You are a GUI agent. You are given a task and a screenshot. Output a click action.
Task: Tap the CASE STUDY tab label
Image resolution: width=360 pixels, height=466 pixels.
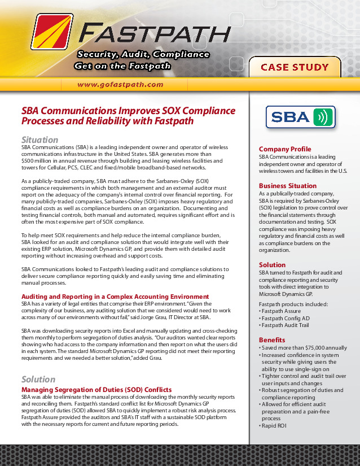pos(295,67)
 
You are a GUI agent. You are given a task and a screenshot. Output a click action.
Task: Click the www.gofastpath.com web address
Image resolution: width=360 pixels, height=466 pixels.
pos(120,85)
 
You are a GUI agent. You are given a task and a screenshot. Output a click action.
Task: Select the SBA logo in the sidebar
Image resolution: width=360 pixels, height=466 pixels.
pos(301,117)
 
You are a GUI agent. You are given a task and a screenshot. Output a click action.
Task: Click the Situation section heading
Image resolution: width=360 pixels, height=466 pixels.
pos(39,140)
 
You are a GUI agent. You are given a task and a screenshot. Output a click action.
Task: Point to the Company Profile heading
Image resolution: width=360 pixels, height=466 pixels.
pos(285,149)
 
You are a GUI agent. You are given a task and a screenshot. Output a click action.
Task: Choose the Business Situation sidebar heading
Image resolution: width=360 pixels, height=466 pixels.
pos(288,186)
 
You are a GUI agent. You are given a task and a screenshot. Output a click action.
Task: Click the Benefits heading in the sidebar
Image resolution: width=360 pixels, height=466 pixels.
pos(272,339)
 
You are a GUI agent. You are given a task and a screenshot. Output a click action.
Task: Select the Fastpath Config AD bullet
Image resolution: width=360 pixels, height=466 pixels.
pos(286,319)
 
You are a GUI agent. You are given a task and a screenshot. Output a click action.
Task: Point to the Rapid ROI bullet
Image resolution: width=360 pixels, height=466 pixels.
pos(275,425)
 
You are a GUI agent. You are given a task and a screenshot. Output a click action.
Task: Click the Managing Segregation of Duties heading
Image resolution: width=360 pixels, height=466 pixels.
pos(96,390)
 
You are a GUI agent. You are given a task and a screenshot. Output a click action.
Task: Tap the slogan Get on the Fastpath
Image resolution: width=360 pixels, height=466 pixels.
pos(122,66)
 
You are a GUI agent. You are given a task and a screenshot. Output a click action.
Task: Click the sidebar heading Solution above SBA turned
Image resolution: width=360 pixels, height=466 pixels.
pos(272,265)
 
